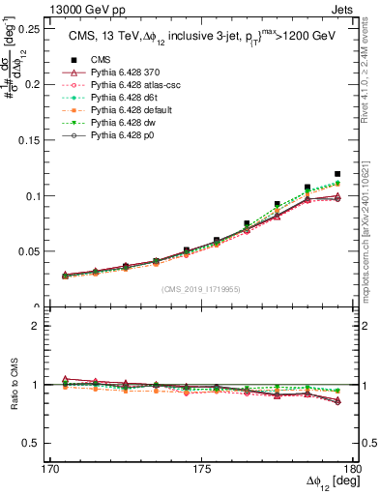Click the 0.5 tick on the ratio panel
[29, 443]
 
